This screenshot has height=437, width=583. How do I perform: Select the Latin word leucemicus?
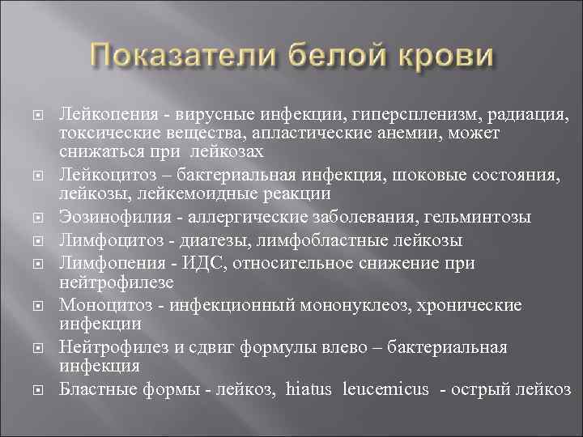pyautogui.click(x=387, y=389)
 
